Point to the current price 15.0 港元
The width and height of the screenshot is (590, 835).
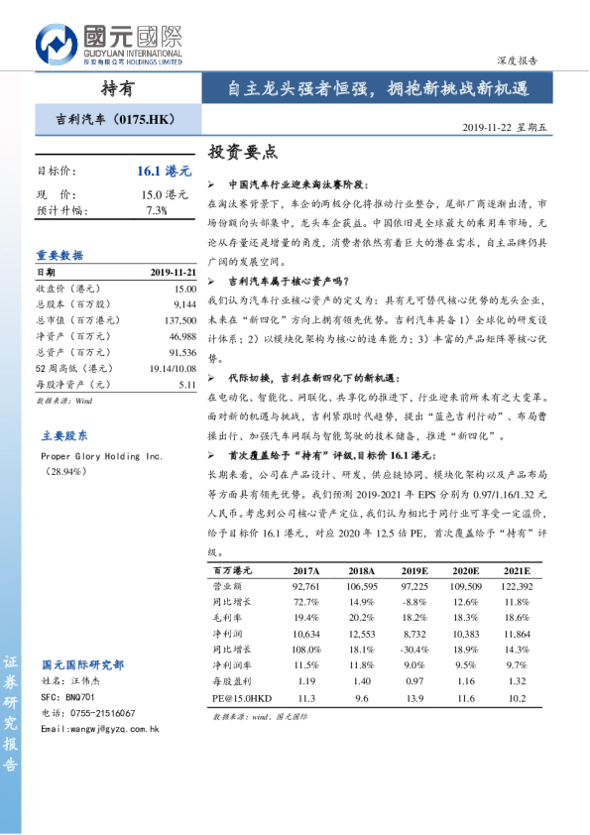[x=165, y=194]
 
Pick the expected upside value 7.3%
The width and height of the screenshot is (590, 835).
[x=157, y=210]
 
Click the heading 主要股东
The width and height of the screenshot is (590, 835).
[x=64, y=435]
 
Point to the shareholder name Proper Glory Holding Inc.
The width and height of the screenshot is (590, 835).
[x=101, y=456]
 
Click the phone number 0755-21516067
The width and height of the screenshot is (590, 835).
[x=102, y=713]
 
